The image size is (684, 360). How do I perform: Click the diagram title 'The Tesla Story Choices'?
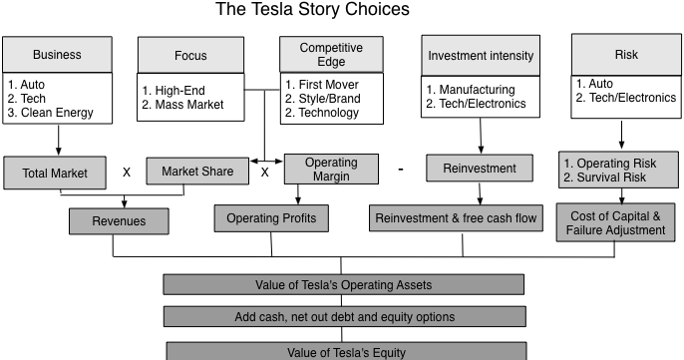coord(312,11)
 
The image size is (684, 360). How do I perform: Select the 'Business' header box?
coord(57,55)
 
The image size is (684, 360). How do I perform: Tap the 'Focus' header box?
coord(189,56)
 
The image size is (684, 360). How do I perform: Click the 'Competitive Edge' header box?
coord(330,55)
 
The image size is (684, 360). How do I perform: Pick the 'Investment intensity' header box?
coord(481,55)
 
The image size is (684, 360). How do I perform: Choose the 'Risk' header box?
coord(625,54)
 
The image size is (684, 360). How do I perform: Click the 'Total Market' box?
coord(55,173)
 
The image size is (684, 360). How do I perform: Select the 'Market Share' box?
coord(196,172)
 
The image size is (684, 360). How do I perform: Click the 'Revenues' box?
coord(118,220)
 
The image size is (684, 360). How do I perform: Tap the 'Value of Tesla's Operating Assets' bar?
coord(342,285)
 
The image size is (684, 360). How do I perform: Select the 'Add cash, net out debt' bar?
coord(342,317)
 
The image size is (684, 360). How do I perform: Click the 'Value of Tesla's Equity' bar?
coord(345,351)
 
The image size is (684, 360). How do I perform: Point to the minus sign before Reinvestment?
coord(400,170)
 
